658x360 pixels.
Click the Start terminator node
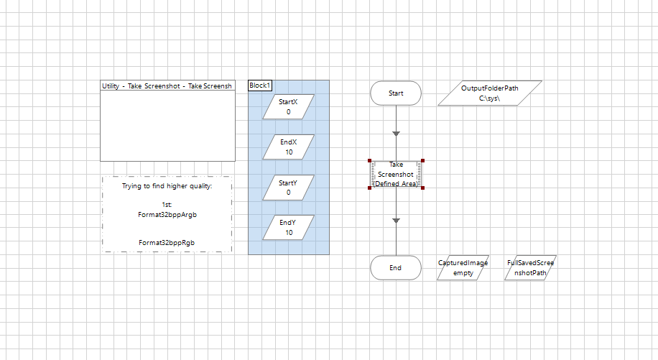point(396,93)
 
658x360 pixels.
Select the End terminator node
point(396,267)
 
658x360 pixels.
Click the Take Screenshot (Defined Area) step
point(396,174)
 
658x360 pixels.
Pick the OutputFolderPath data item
point(490,93)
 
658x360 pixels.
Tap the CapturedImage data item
point(463,268)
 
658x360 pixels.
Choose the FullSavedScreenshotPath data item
point(531,268)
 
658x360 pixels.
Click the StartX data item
point(288,107)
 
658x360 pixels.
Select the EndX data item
point(288,147)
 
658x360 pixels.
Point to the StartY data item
point(288,188)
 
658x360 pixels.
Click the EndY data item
point(288,228)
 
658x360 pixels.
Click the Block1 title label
point(260,86)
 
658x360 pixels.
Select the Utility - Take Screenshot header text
point(167,86)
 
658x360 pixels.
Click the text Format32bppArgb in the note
point(167,214)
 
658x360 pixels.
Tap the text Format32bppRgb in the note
point(167,243)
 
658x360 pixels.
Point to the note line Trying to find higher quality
point(167,186)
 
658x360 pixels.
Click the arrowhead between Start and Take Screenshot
point(396,134)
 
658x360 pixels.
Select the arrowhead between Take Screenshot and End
point(396,221)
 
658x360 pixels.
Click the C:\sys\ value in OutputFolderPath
point(489,98)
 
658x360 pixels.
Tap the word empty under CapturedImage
point(463,273)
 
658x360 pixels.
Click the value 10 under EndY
point(288,233)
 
